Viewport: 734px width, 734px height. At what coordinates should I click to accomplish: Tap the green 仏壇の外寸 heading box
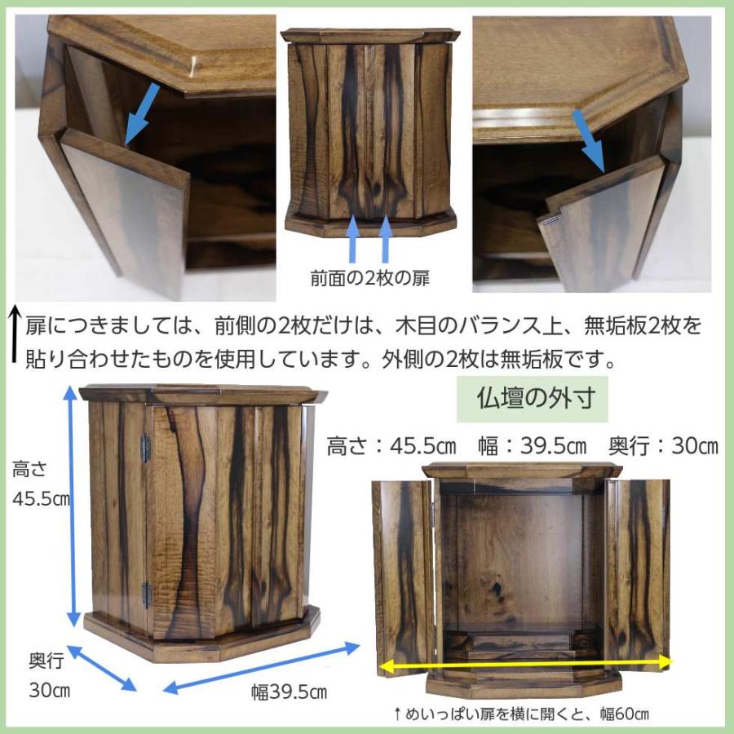pos(537,399)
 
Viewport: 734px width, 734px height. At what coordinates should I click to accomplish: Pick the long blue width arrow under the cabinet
pos(261,668)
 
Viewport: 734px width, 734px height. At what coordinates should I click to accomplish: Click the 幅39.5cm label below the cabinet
pos(289,693)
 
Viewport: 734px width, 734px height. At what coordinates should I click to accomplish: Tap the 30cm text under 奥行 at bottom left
pos(48,690)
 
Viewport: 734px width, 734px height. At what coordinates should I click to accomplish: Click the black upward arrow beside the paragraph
pos(14,334)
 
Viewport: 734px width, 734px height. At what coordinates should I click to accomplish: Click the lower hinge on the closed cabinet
pos(146,593)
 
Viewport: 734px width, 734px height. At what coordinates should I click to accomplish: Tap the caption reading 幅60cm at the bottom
pos(620,715)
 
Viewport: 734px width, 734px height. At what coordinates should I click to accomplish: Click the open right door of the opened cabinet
pos(638,571)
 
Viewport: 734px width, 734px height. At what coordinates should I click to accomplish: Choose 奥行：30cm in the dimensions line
pos(663,447)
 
